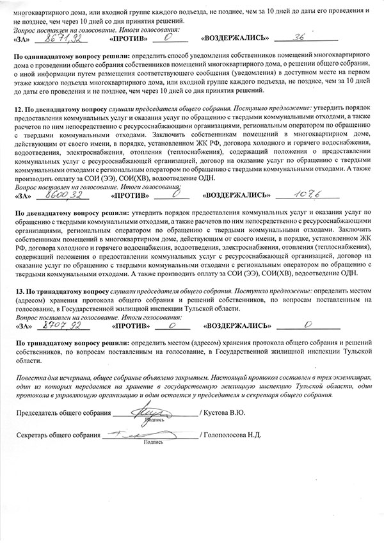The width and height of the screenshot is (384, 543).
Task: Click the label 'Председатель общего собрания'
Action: click(62, 414)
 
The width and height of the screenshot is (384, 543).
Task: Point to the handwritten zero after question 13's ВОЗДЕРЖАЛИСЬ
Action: click(308, 324)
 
